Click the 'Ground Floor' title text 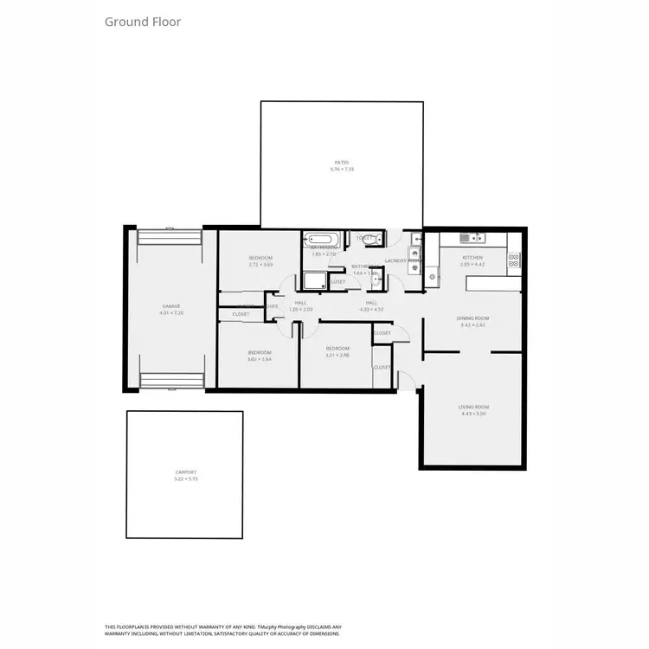pyautogui.click(x=143, y=22)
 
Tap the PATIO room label pyautogui.click(x=342, y=162)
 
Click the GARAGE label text pyautogui.click(x=170, y=307)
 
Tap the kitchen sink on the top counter pyautogui.click(x=472, y=237)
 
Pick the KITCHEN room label pyautogui.click(x=472, y=258)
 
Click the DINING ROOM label pyautogui.click(x=473, y=318)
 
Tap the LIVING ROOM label pyautogui.click(x=475, y=407)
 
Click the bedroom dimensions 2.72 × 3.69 pyautogui.click(x=260, y=265)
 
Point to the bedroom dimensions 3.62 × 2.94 pyautogui.click(x=260, y=359)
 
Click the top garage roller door pyautogui.click(x=170, y=237)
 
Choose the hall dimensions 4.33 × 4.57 pyautogui.click(x=374, y=309)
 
